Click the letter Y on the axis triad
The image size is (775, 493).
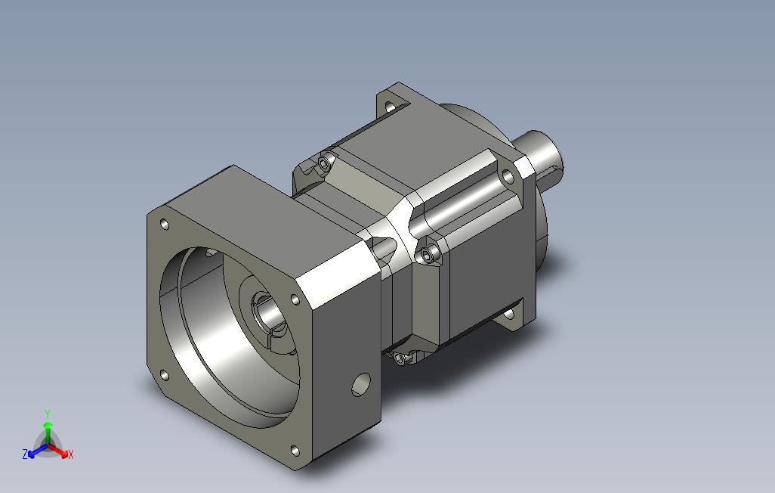(x=48, y=414)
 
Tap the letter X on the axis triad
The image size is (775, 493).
(x=71, y=454)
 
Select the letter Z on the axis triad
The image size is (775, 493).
(x=25, y=454)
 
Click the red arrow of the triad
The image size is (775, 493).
(x=60, y=451)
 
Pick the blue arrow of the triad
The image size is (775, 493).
(x=38, y=451)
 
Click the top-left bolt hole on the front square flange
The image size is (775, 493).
(x=165, y=225)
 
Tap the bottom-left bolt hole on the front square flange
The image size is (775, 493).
(x=165, y=376)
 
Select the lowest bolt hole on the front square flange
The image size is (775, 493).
(x=295, y=451)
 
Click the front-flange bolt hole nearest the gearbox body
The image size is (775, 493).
(x=295, y=299)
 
